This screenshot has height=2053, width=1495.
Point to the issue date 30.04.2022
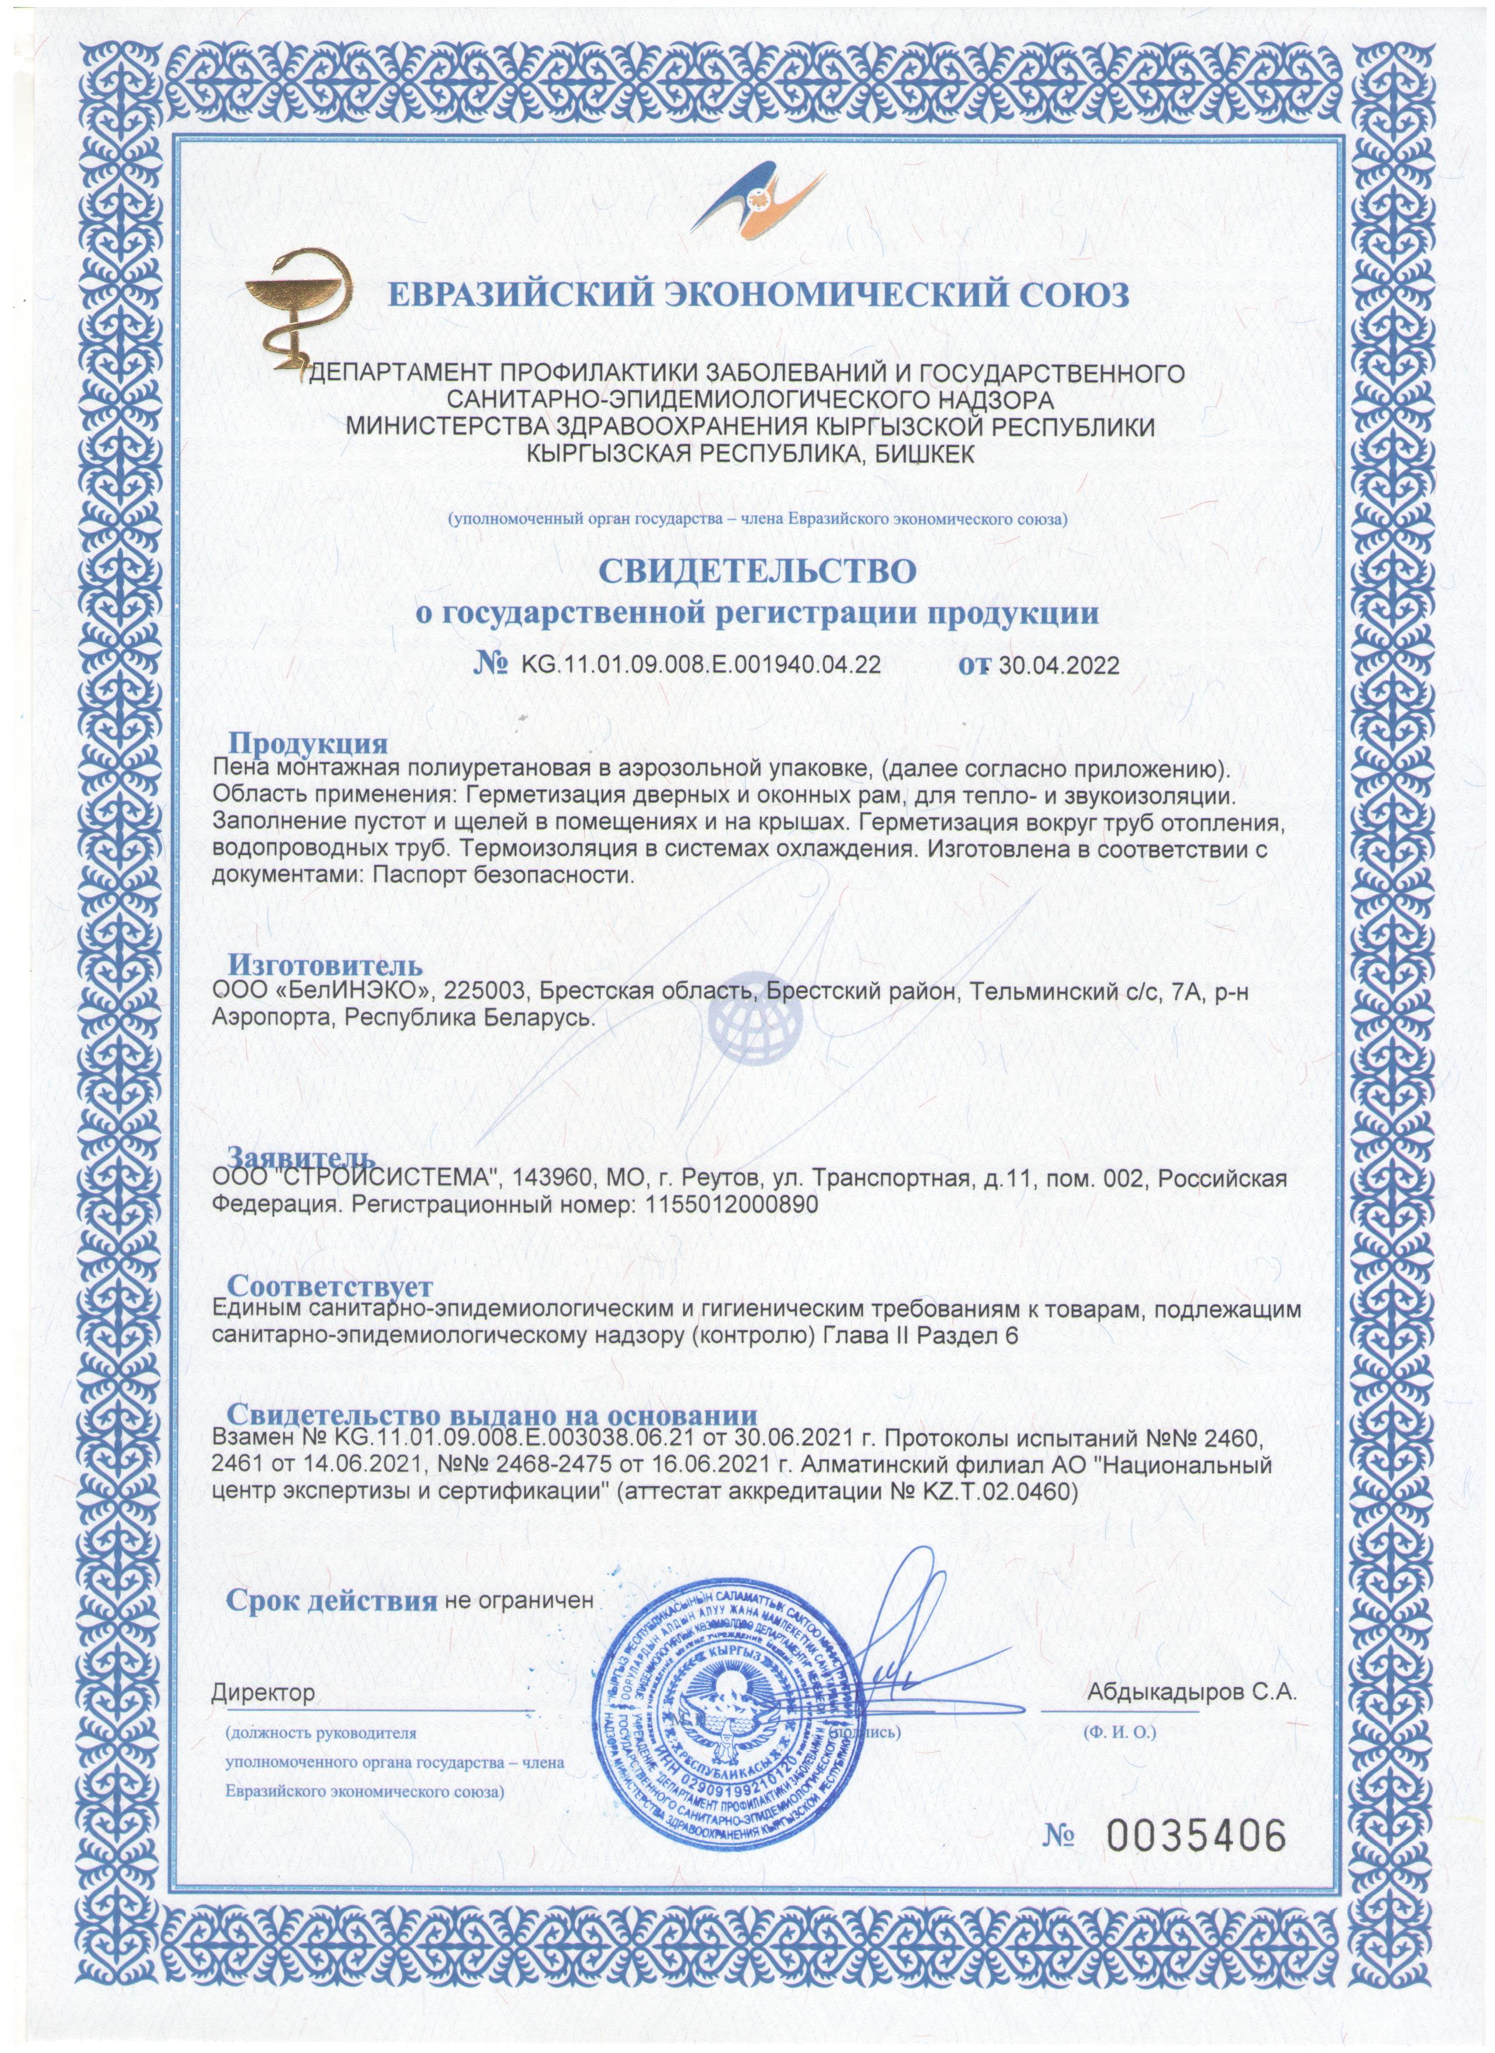pyautogui.click(x=1058, y=666)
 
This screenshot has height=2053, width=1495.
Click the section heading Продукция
pyautogui.click(x=308, y=745)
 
